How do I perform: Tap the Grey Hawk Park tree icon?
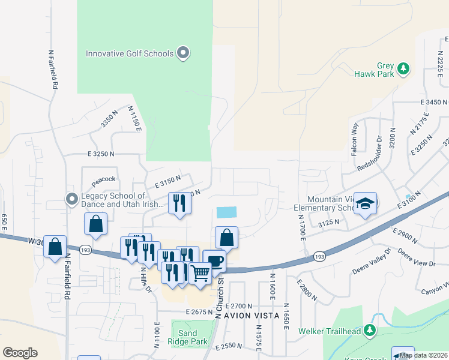[404, 68]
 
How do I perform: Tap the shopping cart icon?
[200, 272]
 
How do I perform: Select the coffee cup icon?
[215, 260]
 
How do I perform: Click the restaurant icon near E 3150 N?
[179, 203]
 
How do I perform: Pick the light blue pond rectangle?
[226, 212]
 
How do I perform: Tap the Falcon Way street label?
[355, 139]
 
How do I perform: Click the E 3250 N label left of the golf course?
[100, 154]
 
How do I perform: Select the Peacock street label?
[103, 179]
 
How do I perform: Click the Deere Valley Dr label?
[372, 266]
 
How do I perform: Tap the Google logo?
[20, 353]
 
